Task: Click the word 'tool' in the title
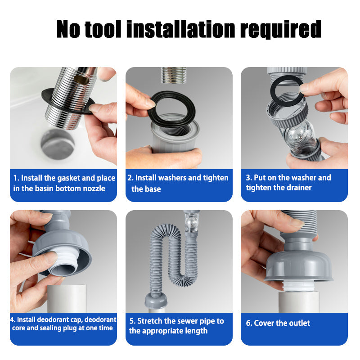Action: click(103, 29)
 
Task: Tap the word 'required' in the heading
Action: click(280, 30)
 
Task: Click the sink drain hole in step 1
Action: click(58, 144)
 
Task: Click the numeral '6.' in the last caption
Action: click(249, 323)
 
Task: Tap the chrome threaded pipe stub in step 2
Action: click(173, 75)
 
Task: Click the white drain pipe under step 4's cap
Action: click(67, 298)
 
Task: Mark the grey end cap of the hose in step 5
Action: click(156, 300)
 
